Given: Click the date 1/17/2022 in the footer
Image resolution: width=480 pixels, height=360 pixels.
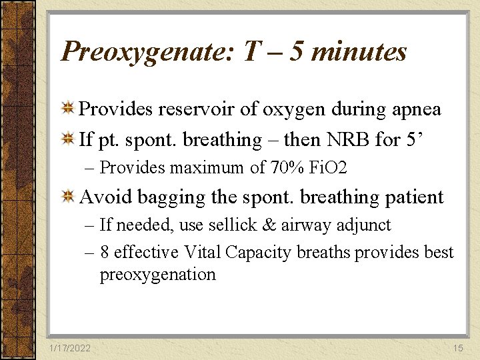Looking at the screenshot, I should [71, 347].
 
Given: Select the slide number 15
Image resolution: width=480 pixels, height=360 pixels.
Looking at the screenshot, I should [457, 347].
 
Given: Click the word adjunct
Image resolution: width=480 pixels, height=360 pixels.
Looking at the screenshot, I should [361, 225].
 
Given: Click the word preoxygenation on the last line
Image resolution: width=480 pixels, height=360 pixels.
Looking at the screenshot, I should [158, 275].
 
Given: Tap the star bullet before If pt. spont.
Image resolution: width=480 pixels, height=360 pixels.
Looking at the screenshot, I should [67, 139].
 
